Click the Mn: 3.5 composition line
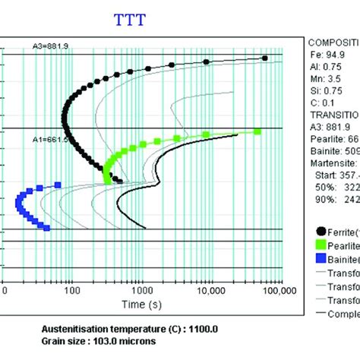pos(328,77)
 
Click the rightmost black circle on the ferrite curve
pos(265,58)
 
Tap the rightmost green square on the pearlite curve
pos(257,132)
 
